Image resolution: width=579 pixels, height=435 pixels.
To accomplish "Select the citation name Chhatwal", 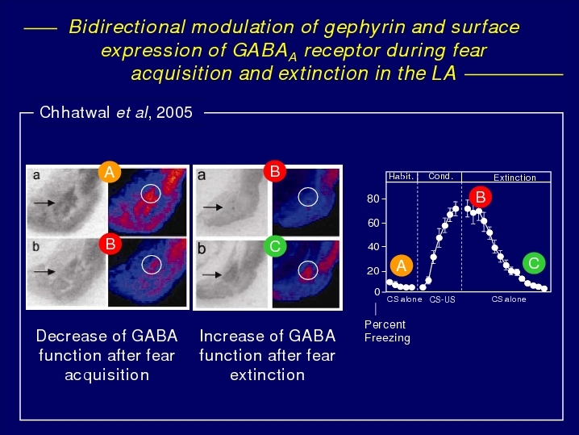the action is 74,112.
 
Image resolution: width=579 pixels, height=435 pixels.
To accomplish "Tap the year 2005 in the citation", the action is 174,112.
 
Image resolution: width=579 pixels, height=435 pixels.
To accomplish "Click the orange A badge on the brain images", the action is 110,172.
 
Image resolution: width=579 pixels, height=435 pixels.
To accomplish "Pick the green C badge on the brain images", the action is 275,246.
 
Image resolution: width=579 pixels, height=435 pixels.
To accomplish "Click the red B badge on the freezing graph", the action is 481,197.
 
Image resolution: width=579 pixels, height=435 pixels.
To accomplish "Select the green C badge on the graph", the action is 534,263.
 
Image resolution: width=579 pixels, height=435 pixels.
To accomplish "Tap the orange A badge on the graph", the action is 402,266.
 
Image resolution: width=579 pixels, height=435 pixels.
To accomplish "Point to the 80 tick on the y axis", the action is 373,199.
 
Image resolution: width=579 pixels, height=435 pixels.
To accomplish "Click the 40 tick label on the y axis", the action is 373,246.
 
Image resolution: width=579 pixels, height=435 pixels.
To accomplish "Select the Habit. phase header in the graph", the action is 401,177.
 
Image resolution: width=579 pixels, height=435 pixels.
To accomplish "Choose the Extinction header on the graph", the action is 514,178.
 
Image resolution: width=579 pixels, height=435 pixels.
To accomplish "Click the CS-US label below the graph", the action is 442,299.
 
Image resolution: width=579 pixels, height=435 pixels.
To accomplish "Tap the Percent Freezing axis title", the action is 387,331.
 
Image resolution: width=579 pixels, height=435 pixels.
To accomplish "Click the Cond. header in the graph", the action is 440,176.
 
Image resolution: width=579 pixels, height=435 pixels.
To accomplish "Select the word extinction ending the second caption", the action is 268,374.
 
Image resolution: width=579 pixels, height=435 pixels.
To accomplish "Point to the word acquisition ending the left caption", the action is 107,375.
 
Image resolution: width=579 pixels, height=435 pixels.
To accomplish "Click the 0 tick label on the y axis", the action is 377,292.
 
